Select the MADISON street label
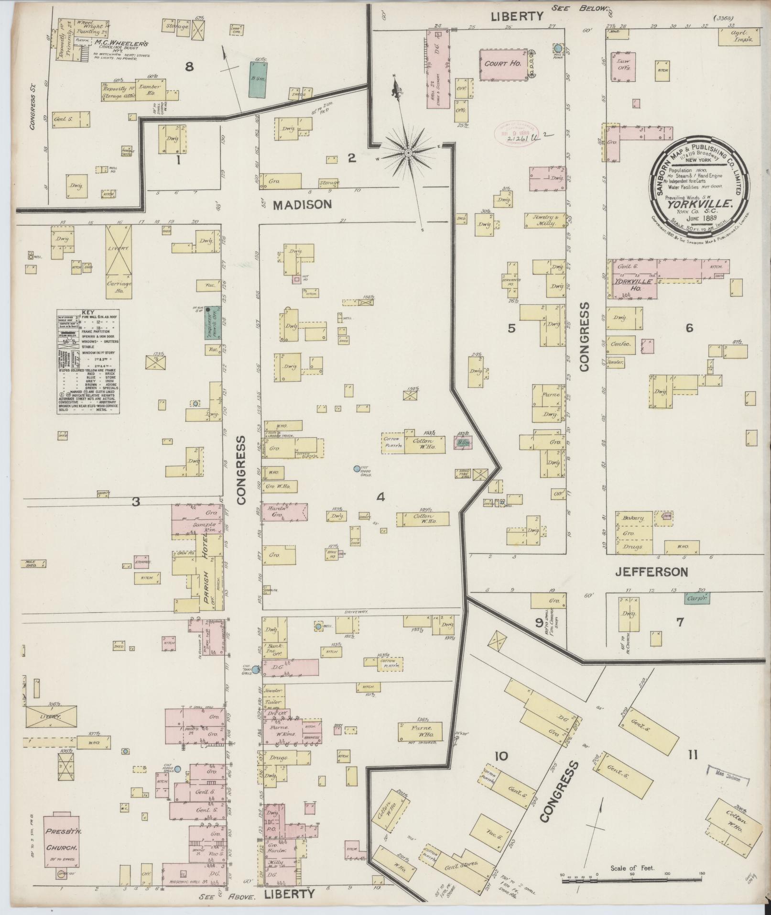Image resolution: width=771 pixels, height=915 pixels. point(302,205)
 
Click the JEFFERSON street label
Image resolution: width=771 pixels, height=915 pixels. point(651,572)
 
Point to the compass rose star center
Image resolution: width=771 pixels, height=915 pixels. point(409,153)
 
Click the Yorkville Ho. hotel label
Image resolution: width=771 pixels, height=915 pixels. point(633,282)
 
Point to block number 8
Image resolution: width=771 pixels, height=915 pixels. point(189,66)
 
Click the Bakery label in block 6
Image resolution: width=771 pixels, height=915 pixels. point(634,518)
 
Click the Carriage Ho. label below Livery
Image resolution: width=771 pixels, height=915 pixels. point(119,287)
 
